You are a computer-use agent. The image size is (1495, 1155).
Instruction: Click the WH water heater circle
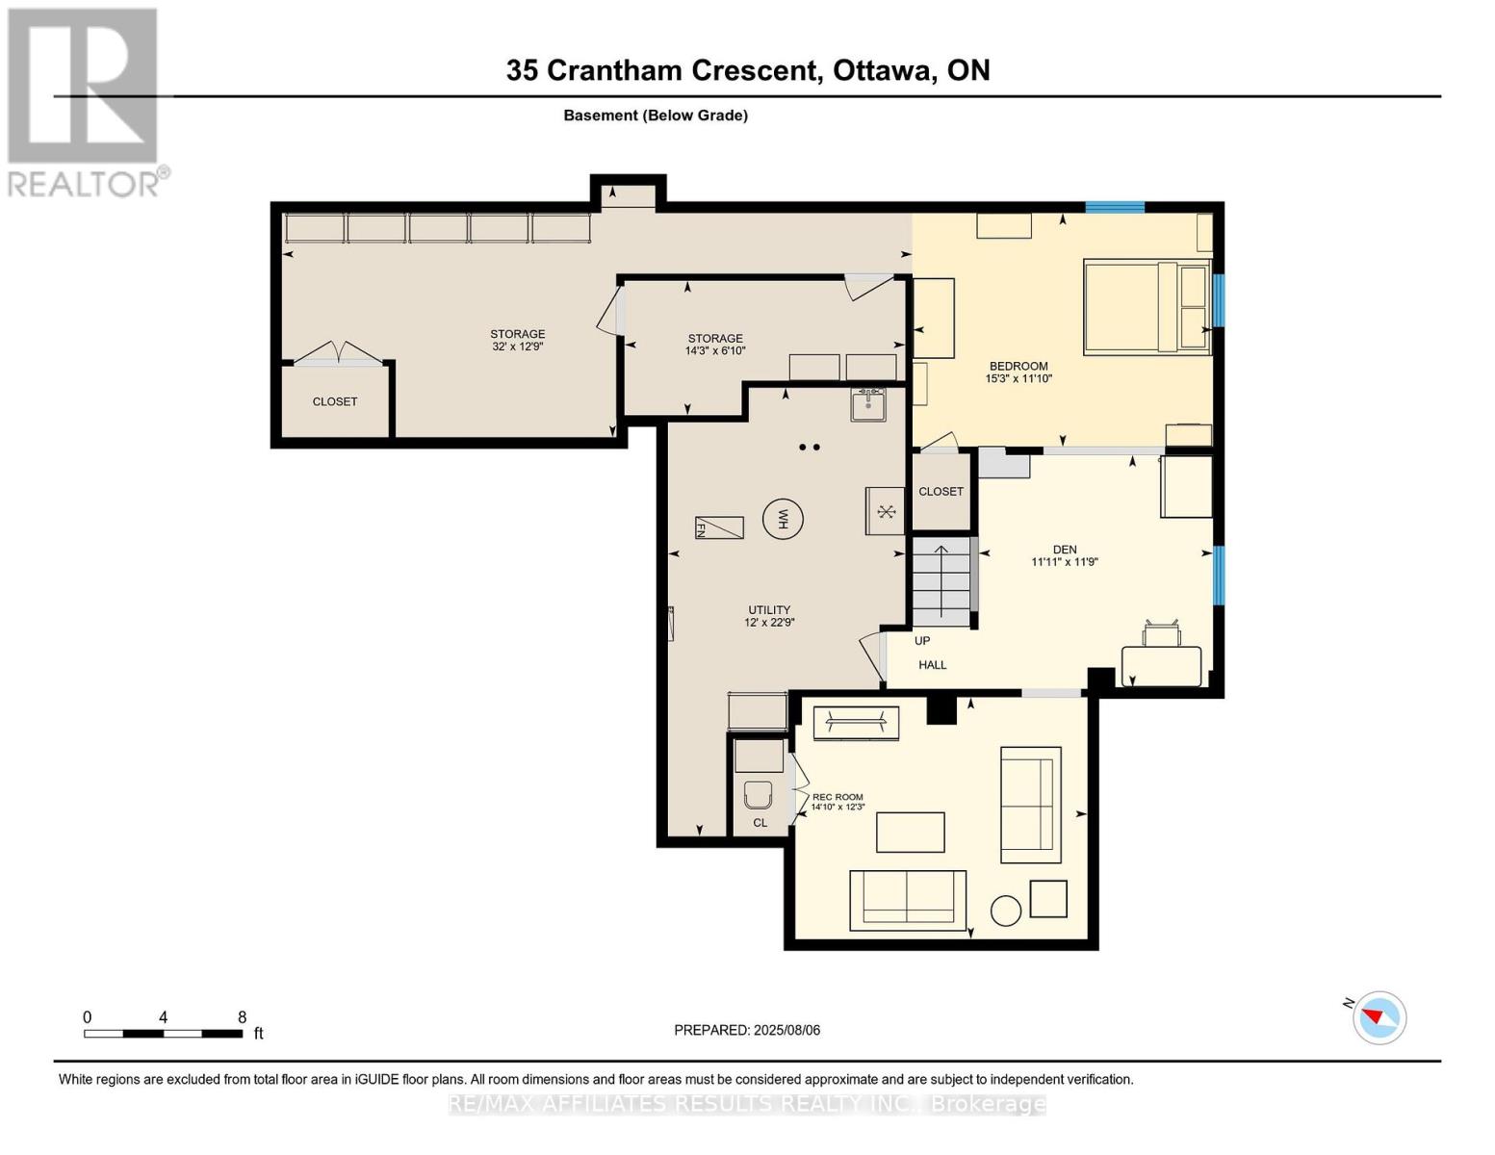click(x=783, y=520)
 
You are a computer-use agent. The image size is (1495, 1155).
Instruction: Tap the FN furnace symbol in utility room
click(x=719, y=527)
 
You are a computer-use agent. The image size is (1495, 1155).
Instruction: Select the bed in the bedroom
click(x=1146, y=307)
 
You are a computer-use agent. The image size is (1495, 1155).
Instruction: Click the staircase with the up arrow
click(x=941, y=582)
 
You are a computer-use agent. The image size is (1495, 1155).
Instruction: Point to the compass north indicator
click(x=1379, y=1017)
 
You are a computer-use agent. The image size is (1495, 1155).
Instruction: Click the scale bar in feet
click(x=163, y=1034)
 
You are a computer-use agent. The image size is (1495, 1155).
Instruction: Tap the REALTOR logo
click(x=84, y=101)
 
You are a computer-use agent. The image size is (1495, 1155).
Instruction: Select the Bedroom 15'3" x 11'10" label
click(x=1018, y=372)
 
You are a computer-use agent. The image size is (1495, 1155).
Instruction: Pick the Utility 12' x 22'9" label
click(x=769, y=616)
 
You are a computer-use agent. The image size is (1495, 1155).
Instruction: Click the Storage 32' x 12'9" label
click(x=517, y=340)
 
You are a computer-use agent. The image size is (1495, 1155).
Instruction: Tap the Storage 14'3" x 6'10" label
click(x=715, y=345)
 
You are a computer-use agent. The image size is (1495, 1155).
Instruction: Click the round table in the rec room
click(x=1006, y=911)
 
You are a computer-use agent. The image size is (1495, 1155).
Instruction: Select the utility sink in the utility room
click(x=868, y=405)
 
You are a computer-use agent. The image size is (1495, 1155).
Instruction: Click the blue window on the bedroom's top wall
click(x=1115, y=207)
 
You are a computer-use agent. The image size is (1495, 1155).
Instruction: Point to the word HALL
click(x=932, y=665)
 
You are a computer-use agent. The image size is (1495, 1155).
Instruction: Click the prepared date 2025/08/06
click(x=747, y=1030)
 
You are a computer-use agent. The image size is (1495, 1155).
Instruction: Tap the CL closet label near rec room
click(x=760, y=823)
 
